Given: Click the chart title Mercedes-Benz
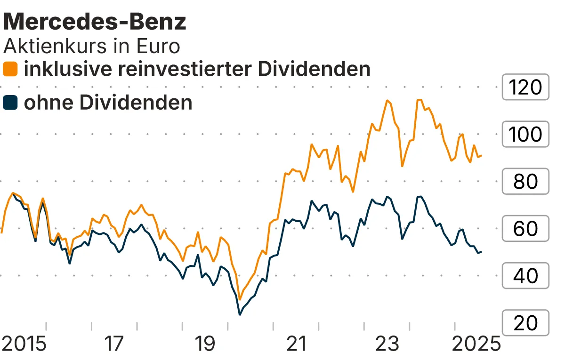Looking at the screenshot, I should point(95,22).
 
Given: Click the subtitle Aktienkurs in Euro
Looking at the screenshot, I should point(92,46).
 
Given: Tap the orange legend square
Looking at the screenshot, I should point(10,69).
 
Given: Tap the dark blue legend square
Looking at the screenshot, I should point(10,103).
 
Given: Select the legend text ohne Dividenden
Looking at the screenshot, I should point(108,103).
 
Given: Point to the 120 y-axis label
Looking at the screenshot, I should point(525,87).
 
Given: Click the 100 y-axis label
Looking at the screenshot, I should point(525,135).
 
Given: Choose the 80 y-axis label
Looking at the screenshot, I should point(525,182).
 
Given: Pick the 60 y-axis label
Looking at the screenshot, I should point(525,229).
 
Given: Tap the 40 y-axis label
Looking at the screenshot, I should point(525,276).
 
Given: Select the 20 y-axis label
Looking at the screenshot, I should point(525,323).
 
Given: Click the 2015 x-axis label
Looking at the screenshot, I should point(24,344).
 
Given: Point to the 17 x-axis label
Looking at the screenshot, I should point(114,344).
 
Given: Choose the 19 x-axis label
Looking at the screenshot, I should point(205,344).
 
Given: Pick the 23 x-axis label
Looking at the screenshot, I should point(387,344).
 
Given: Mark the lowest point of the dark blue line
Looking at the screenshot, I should point(240,314).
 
